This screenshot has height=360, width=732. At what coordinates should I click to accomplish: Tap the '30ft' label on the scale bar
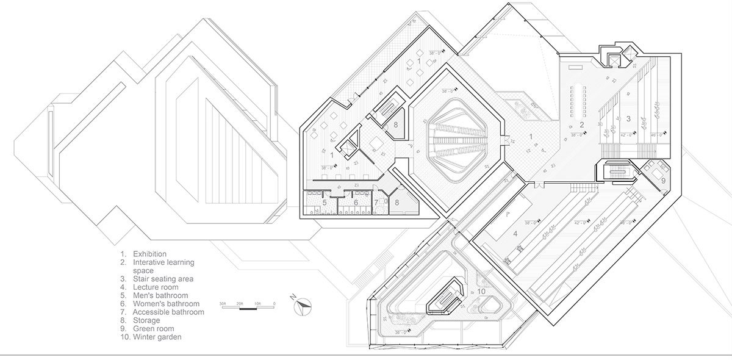(224, 303)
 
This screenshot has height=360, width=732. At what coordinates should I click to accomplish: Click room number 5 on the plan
(325, 203)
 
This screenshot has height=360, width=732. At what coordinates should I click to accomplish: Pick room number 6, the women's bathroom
(355, 203)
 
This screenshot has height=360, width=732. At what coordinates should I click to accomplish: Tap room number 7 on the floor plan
(376, 203)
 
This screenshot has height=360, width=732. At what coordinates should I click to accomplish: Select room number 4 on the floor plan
(515, 232)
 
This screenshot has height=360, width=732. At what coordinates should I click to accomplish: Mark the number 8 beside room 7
(396, 203)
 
